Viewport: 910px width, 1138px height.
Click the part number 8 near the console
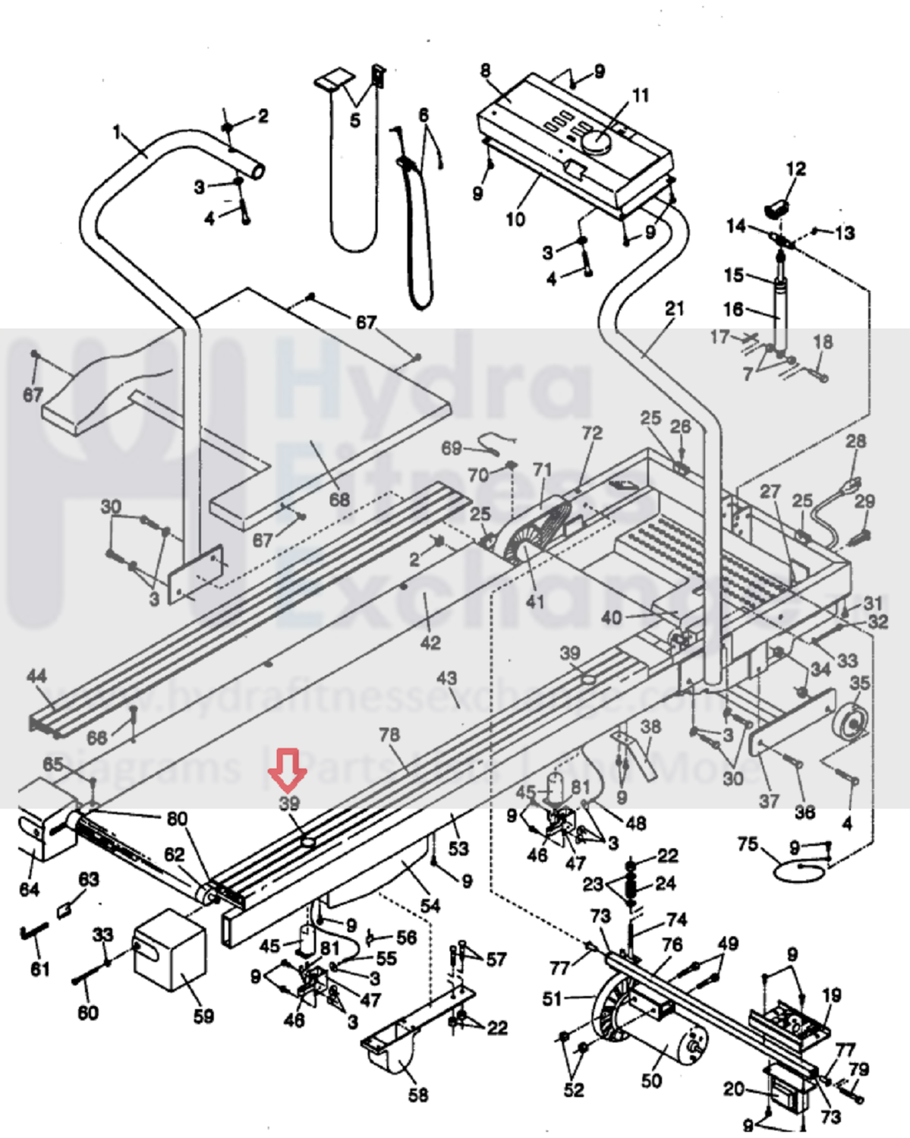click(x=486, y=71)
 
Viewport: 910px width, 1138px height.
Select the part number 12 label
click(x=795, y=169)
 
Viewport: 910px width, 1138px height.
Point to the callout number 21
click(x=674, y=309)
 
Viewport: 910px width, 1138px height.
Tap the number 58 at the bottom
click(x=418, y=1094)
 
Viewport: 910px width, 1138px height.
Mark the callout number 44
click(x=36, y=676)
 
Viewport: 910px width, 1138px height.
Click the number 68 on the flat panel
click(x=339, y=499)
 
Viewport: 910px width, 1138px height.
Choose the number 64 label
click(x=29, y=887)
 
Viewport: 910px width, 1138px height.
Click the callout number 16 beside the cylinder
click(x=733, y=309)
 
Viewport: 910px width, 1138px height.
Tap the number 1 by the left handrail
click(x=117, y=133)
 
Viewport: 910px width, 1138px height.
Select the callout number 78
click(x=389, y=734)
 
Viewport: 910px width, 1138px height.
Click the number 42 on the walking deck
click(x=430, y=642)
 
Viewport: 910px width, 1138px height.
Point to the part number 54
click(x=430, y=905)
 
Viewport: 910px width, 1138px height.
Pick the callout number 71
click(x=542, y=469)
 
